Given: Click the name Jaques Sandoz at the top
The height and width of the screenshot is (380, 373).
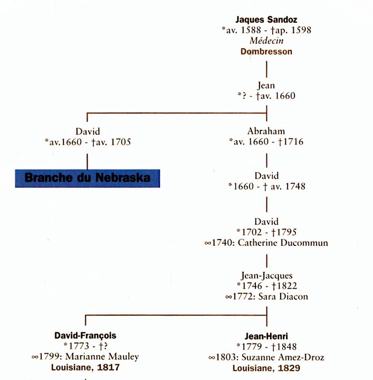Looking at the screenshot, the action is click(266, 20).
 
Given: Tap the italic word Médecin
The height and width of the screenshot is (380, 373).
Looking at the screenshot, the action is click(266, 41).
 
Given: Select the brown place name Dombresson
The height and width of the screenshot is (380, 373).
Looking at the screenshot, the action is click(266, 51).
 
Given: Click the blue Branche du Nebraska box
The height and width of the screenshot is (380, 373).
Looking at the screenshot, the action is click(88, 178).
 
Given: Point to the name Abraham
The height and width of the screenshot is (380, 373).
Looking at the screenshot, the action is click(266, 131).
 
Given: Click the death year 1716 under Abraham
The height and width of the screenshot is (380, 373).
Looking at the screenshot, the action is click(293, 141).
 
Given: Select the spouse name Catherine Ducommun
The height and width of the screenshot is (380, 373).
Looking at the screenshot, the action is click(283, 243).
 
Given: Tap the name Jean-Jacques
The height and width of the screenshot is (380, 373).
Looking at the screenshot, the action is click(266, 275).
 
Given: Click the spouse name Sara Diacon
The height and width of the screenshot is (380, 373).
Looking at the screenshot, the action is click(283, 297).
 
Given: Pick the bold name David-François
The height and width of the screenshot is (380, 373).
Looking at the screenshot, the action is click(85, 336).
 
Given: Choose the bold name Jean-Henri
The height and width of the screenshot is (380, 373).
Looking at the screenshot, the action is click(266, 336).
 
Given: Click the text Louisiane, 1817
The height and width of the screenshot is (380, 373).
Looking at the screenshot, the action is click(85, 367).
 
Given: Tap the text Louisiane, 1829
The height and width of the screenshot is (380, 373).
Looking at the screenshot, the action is click(266, 368).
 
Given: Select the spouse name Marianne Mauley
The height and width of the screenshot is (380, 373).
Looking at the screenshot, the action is click(102, 356).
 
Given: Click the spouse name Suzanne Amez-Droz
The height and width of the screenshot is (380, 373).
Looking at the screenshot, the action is click(283, 357).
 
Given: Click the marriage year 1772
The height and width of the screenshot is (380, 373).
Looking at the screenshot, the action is click(243, 297).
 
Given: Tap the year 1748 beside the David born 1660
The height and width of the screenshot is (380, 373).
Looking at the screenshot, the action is click(295, 186).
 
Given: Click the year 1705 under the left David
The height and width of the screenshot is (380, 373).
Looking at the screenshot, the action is click(121, 142).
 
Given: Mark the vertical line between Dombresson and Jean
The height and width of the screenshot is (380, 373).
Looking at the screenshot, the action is click(266, 69).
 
